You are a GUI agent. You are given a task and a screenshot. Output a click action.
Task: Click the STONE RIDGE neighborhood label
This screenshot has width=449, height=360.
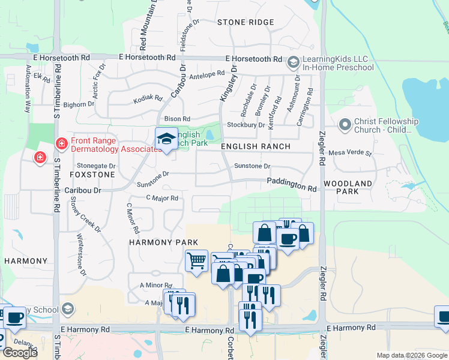[x=246, y=22]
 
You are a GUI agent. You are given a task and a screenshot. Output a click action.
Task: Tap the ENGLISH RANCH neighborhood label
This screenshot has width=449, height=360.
[x=256, y=146]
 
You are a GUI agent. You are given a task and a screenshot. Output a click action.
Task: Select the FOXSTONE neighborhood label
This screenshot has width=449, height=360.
[x=92, y=175]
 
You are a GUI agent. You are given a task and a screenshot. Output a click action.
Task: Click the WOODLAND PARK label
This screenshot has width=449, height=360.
[x=348, y=187]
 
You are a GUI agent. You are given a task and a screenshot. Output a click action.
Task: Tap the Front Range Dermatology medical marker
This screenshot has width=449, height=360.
[x=61, y=143]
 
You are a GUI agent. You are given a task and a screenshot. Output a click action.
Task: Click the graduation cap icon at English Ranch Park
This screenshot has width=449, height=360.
[x=166, y=139]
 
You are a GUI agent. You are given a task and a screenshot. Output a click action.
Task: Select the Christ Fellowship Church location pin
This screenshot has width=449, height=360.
[x=345, y=125]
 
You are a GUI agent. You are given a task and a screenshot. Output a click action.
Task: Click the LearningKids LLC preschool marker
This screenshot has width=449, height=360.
[x=294, y=62]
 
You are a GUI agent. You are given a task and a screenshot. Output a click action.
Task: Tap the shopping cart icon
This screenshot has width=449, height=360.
[x=196, y=261]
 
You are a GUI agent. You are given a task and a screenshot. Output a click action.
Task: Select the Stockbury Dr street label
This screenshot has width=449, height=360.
[x=246, y=125]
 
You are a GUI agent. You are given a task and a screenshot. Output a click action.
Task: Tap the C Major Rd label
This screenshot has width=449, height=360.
[x=162, y=198]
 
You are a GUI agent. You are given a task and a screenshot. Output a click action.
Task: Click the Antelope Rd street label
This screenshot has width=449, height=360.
[x=206, y=75]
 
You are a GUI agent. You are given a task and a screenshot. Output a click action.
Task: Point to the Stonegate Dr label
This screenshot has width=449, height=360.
[x=95, y=166]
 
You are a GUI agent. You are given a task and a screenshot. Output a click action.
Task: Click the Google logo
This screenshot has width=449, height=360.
[x=20, y=353]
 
